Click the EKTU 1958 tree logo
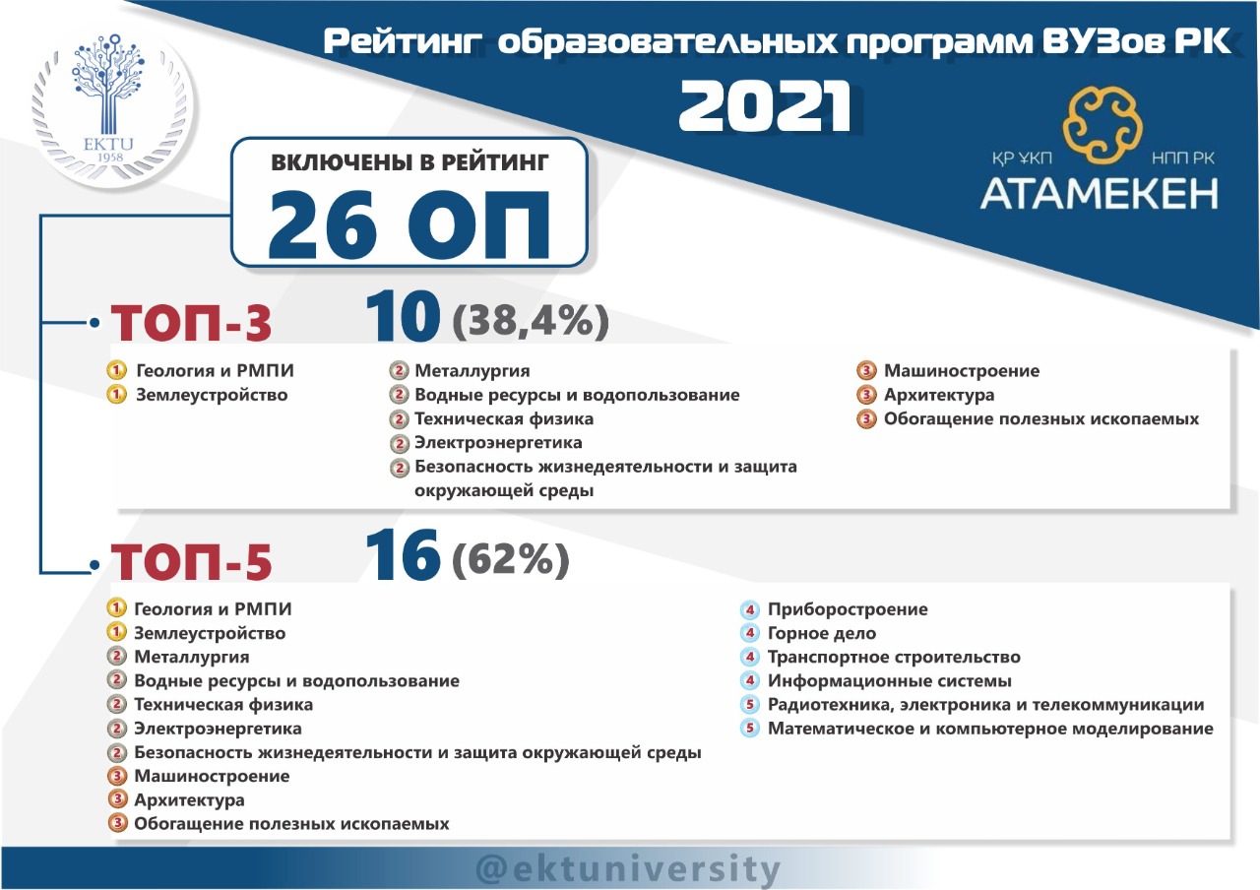[111, 104]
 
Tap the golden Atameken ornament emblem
[1102, 125]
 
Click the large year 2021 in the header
[765, 106]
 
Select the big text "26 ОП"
[409, 224]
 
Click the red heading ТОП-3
[191, 322]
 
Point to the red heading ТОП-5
[191, 561]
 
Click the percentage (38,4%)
[531, 321]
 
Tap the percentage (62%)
[511, 559]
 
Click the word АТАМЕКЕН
[1100, 194]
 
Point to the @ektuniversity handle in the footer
[628, 868]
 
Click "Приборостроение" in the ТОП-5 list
[848, 609]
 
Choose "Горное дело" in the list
[822, 633]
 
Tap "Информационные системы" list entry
[890, 680]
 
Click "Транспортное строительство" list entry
[894, 657]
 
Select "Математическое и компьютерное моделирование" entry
[990, 729]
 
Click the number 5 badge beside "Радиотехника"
[749, 704]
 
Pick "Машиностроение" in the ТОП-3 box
[962, 371]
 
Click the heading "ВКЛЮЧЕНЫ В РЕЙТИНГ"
[409, 162]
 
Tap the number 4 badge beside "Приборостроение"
[749, 609]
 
